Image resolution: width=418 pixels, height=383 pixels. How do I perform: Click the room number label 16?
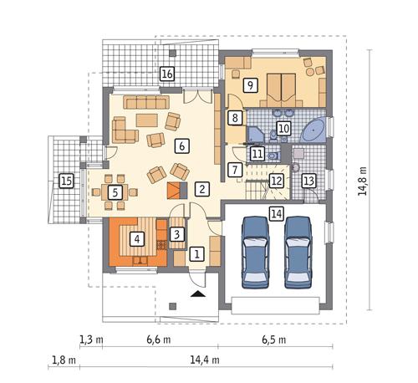click(167, 74)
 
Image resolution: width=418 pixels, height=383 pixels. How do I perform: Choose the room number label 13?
click(308, 181)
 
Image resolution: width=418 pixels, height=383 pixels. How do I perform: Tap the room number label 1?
click(196, 253)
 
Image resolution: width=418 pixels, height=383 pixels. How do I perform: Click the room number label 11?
click(257, 154)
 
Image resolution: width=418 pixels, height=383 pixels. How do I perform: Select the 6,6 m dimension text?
click(158, 340)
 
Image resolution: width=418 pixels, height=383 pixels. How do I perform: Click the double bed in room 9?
click(281, 86)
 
